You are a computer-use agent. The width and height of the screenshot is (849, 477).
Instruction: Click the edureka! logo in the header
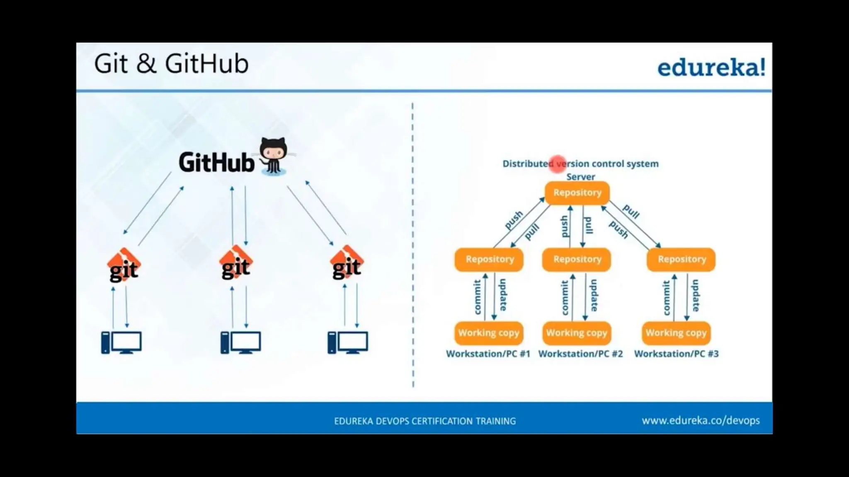tap(711, 67)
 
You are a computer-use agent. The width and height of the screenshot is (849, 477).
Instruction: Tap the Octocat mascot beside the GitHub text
tap(273, 156)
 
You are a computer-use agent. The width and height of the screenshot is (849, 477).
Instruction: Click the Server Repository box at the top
tap(577, 193)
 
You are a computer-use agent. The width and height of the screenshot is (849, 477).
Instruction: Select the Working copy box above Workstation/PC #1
tap(489, 333)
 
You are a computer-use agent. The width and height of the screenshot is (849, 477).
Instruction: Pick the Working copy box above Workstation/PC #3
tap(676, 333)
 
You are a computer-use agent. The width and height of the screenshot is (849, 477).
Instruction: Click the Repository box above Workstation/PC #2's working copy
tap(577, 260)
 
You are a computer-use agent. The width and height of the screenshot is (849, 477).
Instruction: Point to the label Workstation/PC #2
tap(580, 354)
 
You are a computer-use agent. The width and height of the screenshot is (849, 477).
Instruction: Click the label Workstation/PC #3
tap(676, 354)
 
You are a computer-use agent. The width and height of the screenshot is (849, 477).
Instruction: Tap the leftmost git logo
tap(124, 265)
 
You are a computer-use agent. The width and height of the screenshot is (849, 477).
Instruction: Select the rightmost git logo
tap(347, 263)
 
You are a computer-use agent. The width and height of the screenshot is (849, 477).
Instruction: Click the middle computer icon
tap(241, 342)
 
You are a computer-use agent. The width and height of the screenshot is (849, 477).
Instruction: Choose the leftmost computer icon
tap(121, 342)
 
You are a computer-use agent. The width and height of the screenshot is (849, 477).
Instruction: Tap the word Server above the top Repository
tap(580, 177)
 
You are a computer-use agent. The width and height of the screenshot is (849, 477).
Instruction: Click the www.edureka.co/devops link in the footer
tap(701, 421)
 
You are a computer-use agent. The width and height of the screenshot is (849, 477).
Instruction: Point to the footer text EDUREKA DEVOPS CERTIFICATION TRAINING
tap(425, 421)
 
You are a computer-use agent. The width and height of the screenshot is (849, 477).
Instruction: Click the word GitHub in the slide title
tap(206, 64)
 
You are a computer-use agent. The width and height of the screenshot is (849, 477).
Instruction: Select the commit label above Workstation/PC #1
tap(477, 297)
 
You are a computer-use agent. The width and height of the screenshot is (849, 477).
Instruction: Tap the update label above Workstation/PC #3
tap(696, 295)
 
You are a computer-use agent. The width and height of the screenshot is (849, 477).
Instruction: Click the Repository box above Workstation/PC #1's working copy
tap(489, 260)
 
